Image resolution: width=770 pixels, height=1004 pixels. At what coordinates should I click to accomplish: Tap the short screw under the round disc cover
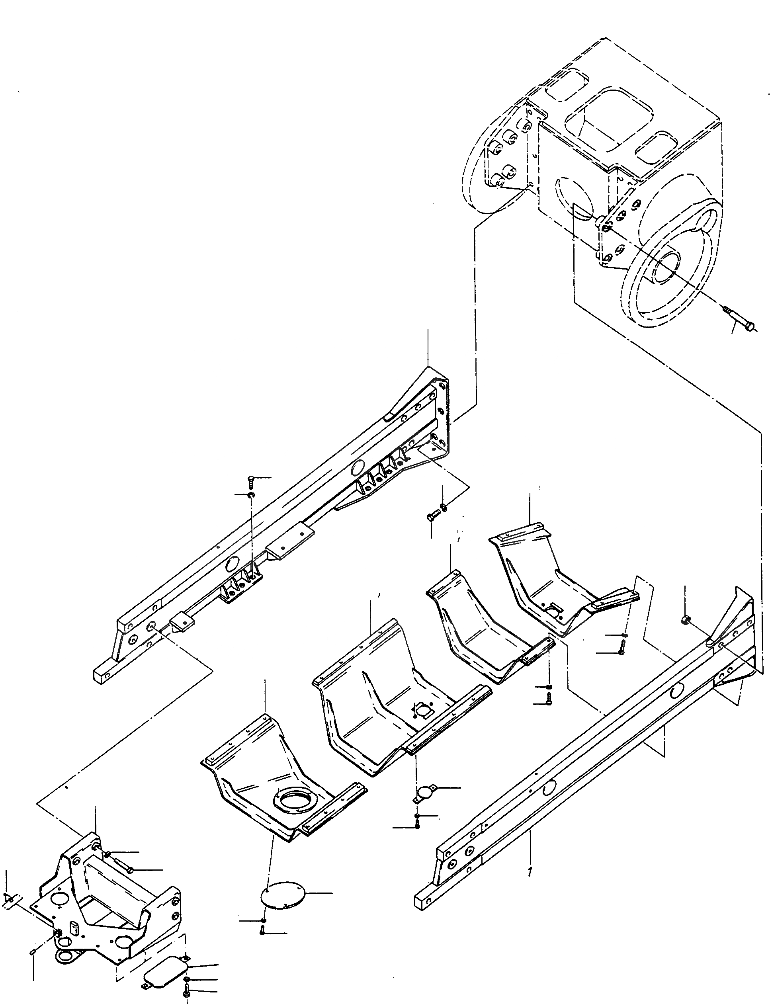[x=262, y=930]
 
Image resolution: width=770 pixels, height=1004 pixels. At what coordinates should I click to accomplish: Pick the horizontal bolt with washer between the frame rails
[x=433, y=516]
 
